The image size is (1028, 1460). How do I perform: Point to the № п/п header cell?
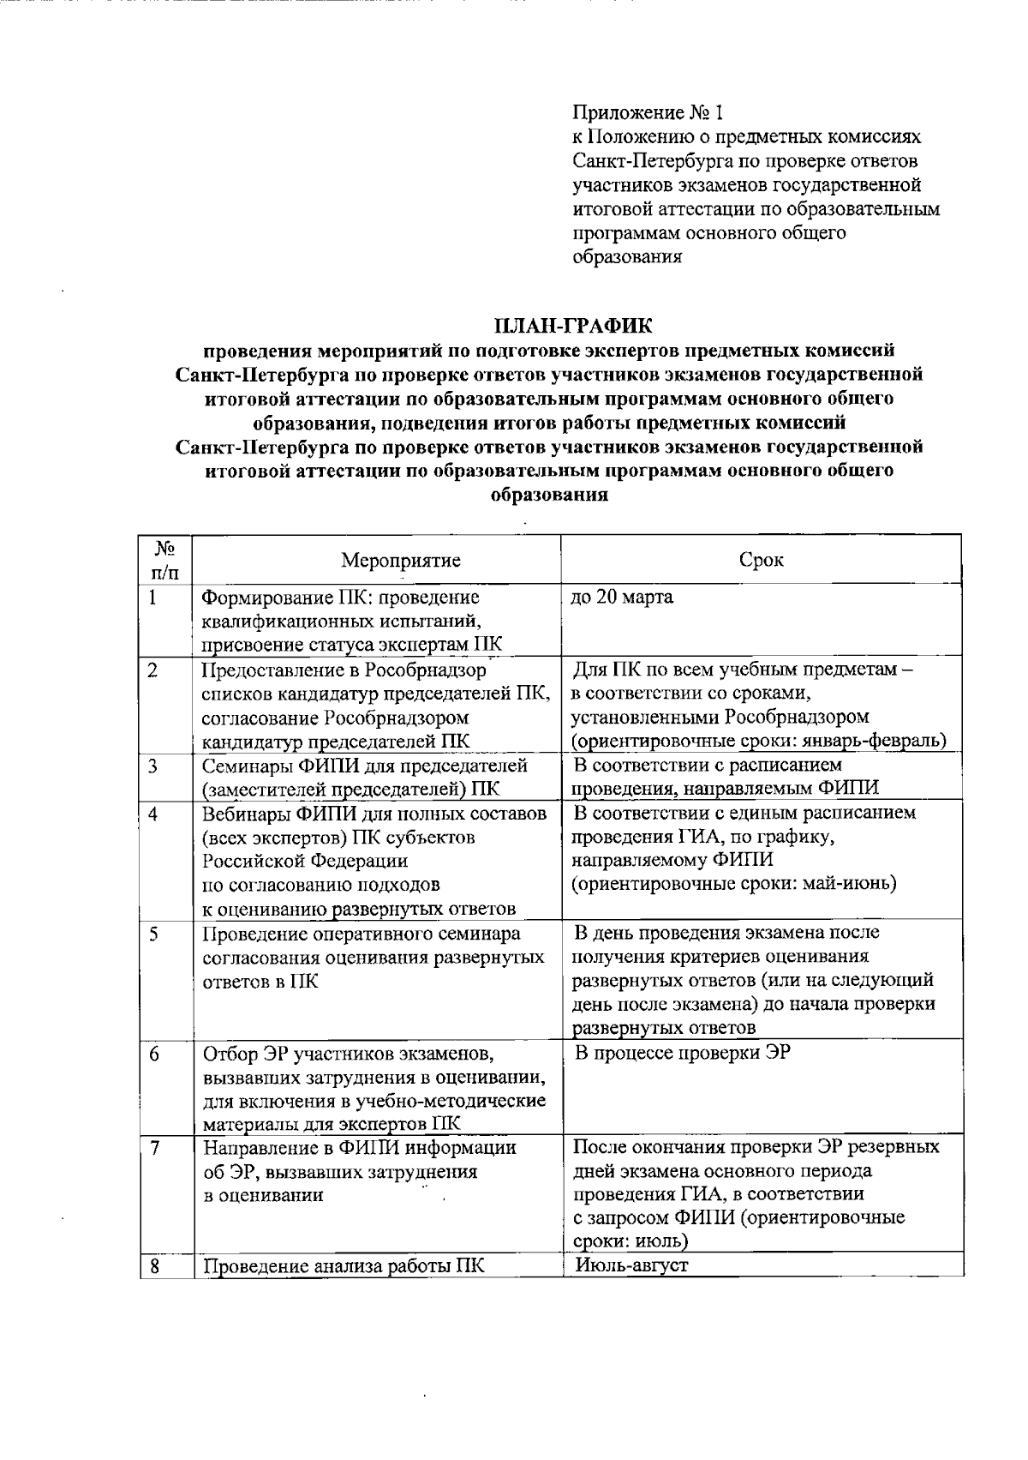166,560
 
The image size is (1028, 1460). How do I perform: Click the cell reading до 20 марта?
622,598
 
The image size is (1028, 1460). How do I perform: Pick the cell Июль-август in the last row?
632,1265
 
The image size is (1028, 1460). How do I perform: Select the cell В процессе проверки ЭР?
681,1053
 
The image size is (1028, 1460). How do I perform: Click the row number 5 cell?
152,934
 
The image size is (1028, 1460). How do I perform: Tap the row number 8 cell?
152,1265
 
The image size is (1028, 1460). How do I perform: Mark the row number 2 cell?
152,670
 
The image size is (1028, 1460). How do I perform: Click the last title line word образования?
549,495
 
